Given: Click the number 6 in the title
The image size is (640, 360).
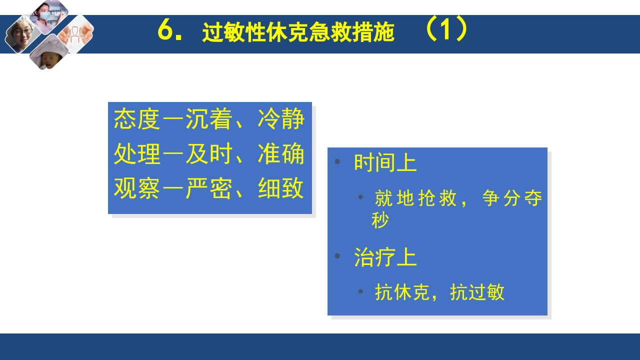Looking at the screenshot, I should (165, 31).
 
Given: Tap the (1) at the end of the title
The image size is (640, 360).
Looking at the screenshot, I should (446, 30).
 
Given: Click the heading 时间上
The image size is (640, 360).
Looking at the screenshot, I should (385, 163).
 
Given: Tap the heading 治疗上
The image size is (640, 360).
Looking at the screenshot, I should (385, 258).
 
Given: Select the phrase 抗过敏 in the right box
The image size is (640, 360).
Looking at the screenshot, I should (477, 292).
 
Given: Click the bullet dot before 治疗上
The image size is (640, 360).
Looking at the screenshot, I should (337, 256).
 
